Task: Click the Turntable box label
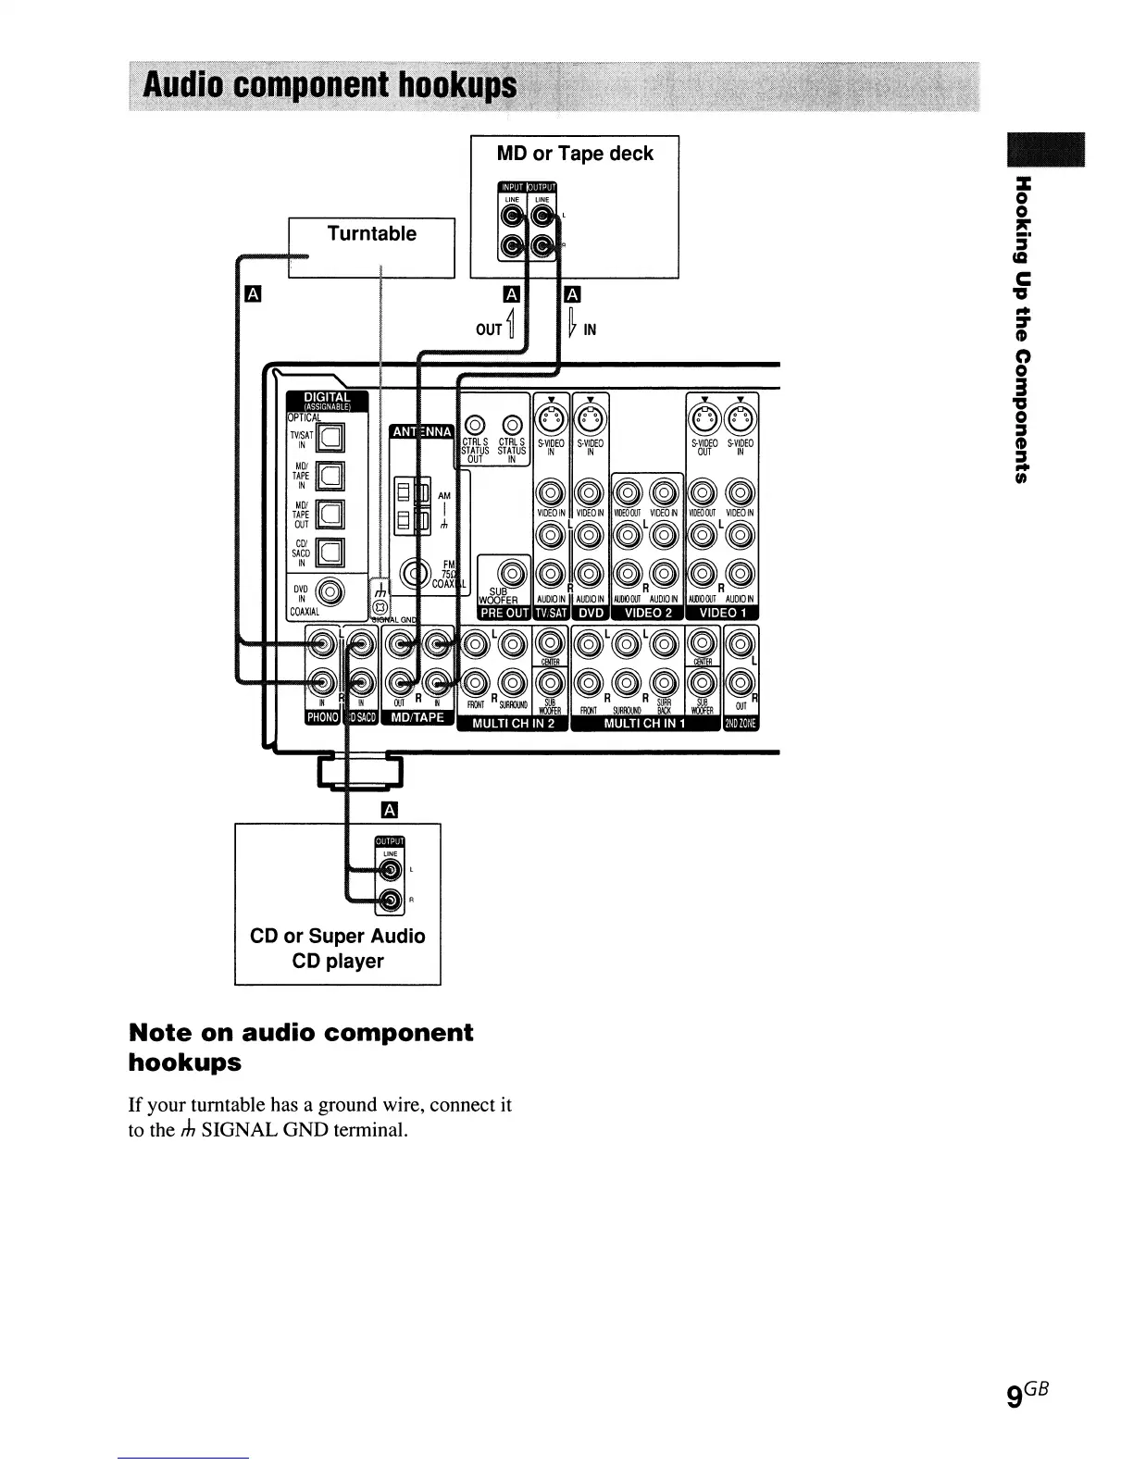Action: pos(371,234)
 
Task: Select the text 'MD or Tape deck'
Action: pos(575,154)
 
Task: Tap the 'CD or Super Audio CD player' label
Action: pos(337,948)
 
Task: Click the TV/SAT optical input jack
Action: pos(330,437)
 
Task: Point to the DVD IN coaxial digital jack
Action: pos(330,589)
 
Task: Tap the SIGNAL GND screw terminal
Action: pos(378,606)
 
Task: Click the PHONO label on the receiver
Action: pos(322,718)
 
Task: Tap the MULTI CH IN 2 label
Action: pos(513,724)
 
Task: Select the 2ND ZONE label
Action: pos(741,724)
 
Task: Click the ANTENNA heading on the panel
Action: pos(421,432)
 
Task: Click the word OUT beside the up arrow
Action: pos(489,329)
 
